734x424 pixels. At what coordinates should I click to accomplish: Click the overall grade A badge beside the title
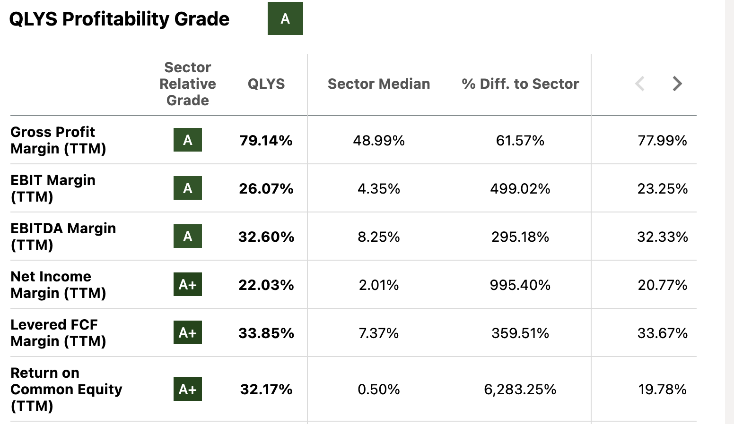[x=285, y=18]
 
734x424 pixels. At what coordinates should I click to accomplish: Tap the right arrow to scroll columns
[x=677, y=84]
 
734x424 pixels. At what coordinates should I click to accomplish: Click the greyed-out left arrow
[x=640, y=84]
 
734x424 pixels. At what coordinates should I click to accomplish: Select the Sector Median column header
[x=379, y=84]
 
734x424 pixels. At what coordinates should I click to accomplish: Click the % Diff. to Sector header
[x=520, y=84]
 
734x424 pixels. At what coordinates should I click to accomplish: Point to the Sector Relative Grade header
[x=188, y=84]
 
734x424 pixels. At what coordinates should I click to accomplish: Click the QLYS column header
[x=266, y=84]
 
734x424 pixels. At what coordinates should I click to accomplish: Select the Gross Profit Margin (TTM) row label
[x=58, y=140]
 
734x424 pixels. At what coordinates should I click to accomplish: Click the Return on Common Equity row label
[x=66, y=389]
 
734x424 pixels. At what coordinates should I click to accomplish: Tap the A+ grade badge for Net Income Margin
[x=188, y=284]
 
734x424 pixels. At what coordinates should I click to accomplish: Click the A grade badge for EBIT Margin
[x=188, y=188]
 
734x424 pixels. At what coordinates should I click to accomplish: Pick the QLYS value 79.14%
[x=266, y=141]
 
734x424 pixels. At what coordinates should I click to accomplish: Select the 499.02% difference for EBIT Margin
[x=520, y=189]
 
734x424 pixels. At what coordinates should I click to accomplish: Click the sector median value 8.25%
[x=379, y=237]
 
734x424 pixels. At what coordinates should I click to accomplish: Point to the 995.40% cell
[x=520, y=285]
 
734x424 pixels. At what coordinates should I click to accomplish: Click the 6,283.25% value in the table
[x=520, y=390]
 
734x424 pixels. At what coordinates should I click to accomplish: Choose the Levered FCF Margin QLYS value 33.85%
[x=266, y=333]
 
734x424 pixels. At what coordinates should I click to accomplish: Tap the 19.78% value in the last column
[x=662, y=390]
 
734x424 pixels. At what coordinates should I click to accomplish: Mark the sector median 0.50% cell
[x=379, y=390]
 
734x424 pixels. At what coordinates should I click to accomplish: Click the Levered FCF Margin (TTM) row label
[x=58, y=333]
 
